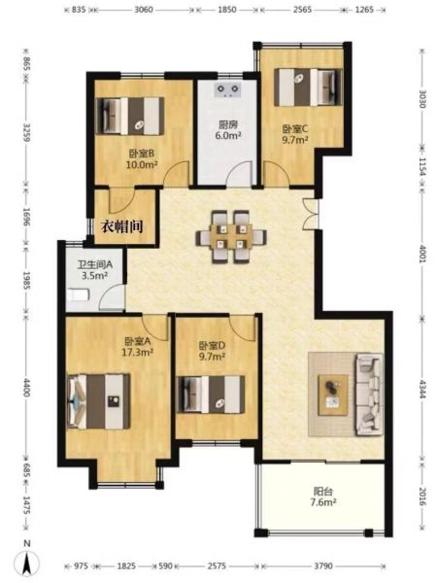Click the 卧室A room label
(x=137, y=341)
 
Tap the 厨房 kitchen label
(x=227, y=125)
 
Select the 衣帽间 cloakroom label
(x=122, y=226)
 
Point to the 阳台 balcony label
(x=322, y=492)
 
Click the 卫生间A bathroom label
(x=95, y=264)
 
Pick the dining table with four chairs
(x=231, y=237)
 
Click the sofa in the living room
(x=369, y=394)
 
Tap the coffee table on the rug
(x=333, y=394)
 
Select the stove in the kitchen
(x=228, y=89)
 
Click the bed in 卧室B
(x=130, y=116)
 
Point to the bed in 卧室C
(x=308, y=87)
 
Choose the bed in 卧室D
(x=211, y=394)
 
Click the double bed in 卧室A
(x=99, y=401)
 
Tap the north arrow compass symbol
(x=26, y=562)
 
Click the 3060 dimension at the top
(x=143, y=10)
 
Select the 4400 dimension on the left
(x=25, y=388)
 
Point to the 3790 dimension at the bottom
(x=322, y=566)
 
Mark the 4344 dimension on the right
(x=422, y=389)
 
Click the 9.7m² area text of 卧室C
(x=295, y=140)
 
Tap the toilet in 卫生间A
(x=78, y=294)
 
